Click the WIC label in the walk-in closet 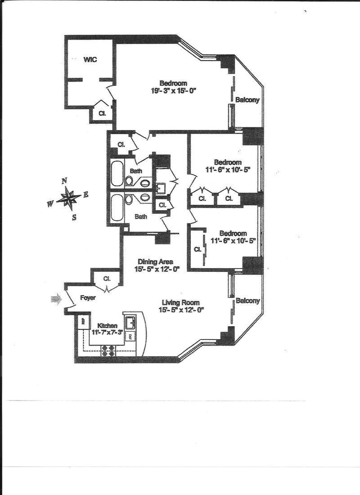[x=90, y=59]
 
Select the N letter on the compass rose [x=64, y=180]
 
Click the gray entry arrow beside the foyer [x=55, y=299]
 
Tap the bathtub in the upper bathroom [x=117, y=172]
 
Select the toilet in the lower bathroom [x=129, y=199]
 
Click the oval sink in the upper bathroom [x=145, y=183]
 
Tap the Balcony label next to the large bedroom [x=247, y=100]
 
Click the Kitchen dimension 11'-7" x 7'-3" [x=107, y=333]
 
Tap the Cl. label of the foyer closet [x=107, y=279]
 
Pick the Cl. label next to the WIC [x=102, y=114]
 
